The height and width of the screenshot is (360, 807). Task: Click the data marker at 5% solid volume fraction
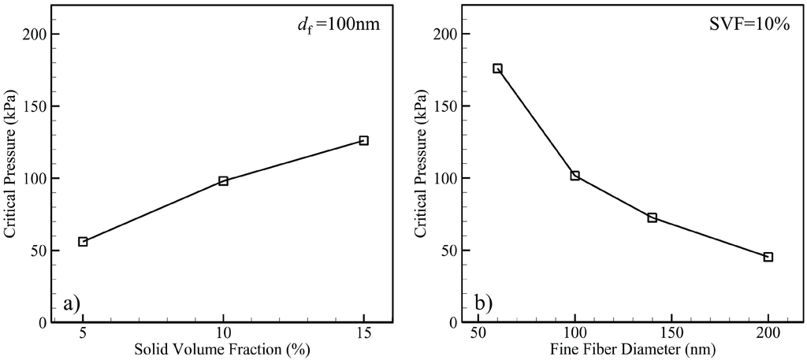point(83,242)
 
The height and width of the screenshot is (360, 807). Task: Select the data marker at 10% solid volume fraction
point(223,181)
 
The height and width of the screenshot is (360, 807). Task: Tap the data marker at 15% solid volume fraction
point(363,140)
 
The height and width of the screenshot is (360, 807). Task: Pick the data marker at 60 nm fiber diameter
point(497,69)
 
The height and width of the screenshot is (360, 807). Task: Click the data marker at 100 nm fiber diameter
point(575,176)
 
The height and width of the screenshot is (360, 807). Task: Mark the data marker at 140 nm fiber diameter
point(653,217)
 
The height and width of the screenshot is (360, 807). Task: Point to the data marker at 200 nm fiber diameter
point(768,257)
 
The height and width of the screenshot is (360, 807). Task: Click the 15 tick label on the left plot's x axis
point(363,334)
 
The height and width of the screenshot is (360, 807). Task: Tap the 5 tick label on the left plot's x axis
point(83,334)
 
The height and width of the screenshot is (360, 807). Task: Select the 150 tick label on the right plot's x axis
point(671,334)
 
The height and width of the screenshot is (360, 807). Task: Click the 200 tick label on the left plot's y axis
point(36,35)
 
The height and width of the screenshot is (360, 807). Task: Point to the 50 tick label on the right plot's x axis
point(478,334)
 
